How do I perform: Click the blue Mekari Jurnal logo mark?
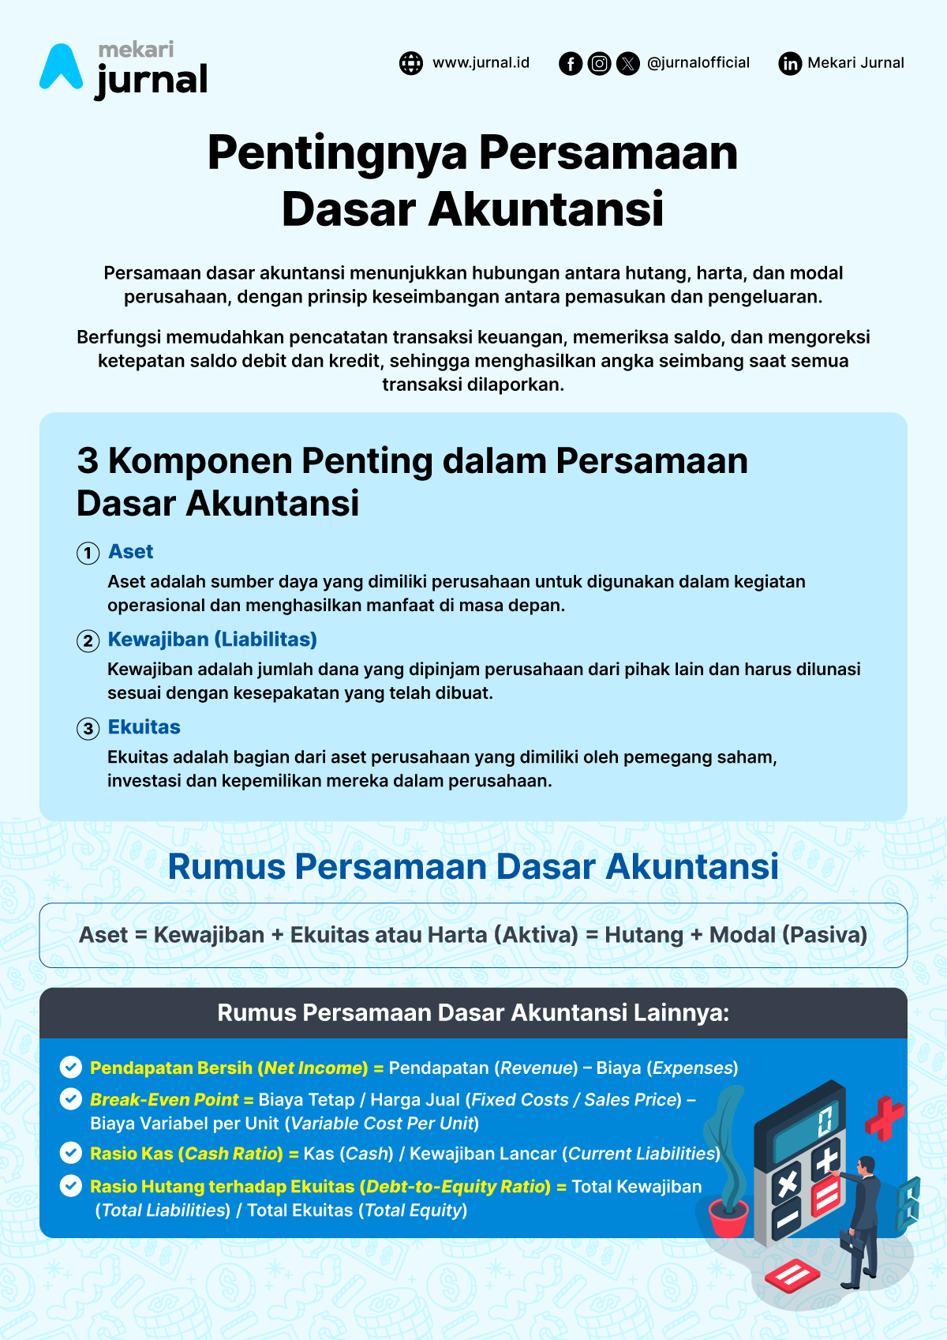[61, 67]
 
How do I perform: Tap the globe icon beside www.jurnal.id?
[411, 63]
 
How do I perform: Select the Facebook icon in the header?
[571, 63]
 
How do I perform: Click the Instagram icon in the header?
[600, 63]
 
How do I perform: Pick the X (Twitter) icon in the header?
[628, 63]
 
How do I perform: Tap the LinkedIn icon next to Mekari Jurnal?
[790, 63]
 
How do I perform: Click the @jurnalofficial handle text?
[698, 62]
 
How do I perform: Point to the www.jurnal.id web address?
[481, 62]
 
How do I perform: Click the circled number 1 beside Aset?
[88, 553]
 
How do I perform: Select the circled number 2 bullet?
[88, 640]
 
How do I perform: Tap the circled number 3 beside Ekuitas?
[88, 728]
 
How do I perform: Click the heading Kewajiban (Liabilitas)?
[212, 639]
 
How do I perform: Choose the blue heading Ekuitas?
[144, 726]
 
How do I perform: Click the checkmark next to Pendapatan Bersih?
[71, 1068]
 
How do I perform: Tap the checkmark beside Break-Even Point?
[71, 1099]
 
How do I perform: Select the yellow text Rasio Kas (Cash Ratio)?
[186, 1154]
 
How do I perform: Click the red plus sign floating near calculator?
[884, 1117]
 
